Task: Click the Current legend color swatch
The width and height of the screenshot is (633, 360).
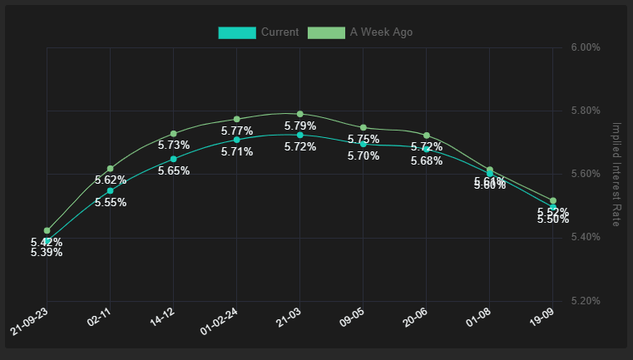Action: pos(237,32)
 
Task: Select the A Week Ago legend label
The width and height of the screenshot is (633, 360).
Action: pos(381,32)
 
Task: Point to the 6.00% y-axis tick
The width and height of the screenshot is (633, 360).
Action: pos(586,47)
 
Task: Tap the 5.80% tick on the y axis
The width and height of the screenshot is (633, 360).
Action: pos(586,111)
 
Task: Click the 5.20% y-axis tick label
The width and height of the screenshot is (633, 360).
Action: pos(586,300)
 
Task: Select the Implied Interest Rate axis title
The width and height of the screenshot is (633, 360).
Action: pos(616,174)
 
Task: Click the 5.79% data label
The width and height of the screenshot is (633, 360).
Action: pos(300,126)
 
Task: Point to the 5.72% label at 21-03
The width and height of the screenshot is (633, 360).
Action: pos(300,147)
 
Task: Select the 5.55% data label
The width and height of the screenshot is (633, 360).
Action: pos(111,203)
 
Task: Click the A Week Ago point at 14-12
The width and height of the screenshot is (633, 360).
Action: pos(174,133)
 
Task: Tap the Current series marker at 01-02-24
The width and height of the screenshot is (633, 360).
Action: pos(237,140)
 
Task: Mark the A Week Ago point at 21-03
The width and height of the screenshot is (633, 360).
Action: pos(300,114)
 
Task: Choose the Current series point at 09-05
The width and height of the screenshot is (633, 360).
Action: pos(363,144)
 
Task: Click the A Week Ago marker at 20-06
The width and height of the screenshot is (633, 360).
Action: pos(427,136)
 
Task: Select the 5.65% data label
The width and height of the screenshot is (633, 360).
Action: pos(174,171)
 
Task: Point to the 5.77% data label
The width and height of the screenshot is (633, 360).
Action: pos(237,131)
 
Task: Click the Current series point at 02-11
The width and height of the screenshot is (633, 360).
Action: pos(111,190)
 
